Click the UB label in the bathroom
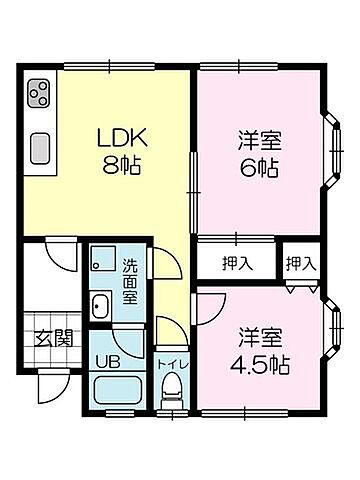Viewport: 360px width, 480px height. click(107, 361)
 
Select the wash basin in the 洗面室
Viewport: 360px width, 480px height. click(100, 306)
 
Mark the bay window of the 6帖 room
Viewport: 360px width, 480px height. click(332, 155)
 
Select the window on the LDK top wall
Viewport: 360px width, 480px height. click(104, 67)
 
